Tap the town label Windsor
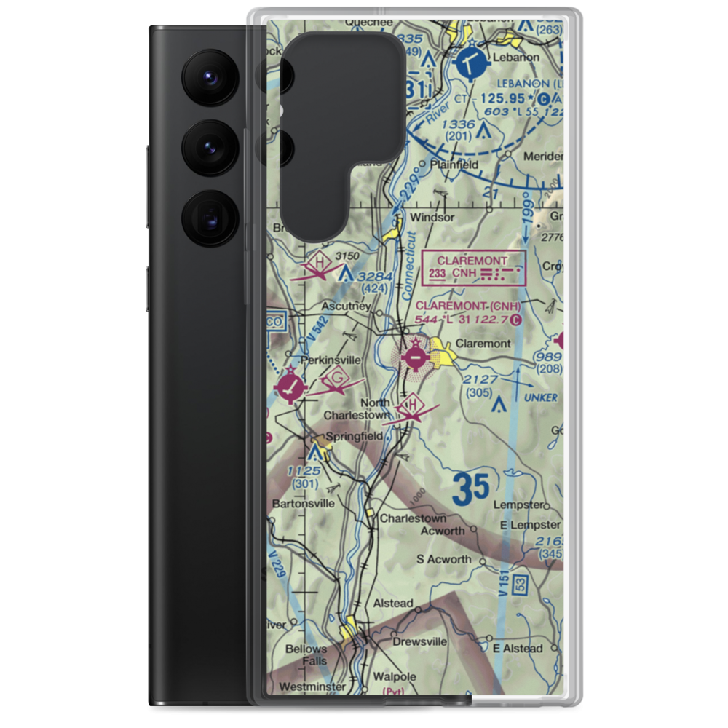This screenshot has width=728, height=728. click(x=432, y=217)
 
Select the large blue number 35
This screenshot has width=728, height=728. click(x=470, y=488)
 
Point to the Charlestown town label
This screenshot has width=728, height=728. click(x=414, y=518)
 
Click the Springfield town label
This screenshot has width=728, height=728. click(x=354, y=436)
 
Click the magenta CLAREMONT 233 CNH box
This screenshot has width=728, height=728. click(x=476, y=267)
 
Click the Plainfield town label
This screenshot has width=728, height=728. click(x=456, y=164)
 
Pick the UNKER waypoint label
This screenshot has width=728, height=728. click(x=542, y=397)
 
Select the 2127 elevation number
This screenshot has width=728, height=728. click(x=481, y=379)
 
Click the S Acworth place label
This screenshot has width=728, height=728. click(x=443, y=559)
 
